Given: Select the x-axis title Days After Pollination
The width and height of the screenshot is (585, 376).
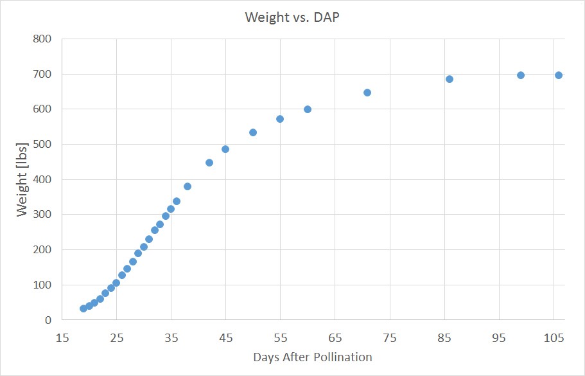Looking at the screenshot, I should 313,357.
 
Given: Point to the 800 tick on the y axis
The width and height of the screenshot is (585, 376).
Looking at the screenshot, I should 42,39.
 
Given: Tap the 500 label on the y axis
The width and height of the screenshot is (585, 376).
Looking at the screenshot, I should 42,144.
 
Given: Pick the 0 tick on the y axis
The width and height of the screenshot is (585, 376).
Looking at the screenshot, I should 48,320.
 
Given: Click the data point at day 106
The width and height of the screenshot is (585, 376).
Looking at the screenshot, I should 559,75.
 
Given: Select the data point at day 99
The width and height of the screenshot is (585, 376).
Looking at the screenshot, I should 521,75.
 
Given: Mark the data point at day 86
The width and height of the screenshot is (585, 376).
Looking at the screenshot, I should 450,79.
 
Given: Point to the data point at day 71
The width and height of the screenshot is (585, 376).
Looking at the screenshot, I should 367,93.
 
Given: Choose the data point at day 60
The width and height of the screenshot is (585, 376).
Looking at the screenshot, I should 308,109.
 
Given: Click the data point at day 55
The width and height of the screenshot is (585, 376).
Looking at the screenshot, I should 280,119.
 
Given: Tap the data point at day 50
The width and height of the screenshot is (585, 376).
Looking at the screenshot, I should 253,132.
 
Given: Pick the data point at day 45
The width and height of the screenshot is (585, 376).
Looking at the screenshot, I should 225,149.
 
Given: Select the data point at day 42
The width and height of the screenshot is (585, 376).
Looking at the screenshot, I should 209,163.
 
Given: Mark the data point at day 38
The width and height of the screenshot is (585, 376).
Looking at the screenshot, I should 188,186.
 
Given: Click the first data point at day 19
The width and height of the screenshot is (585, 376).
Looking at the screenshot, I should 83,309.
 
